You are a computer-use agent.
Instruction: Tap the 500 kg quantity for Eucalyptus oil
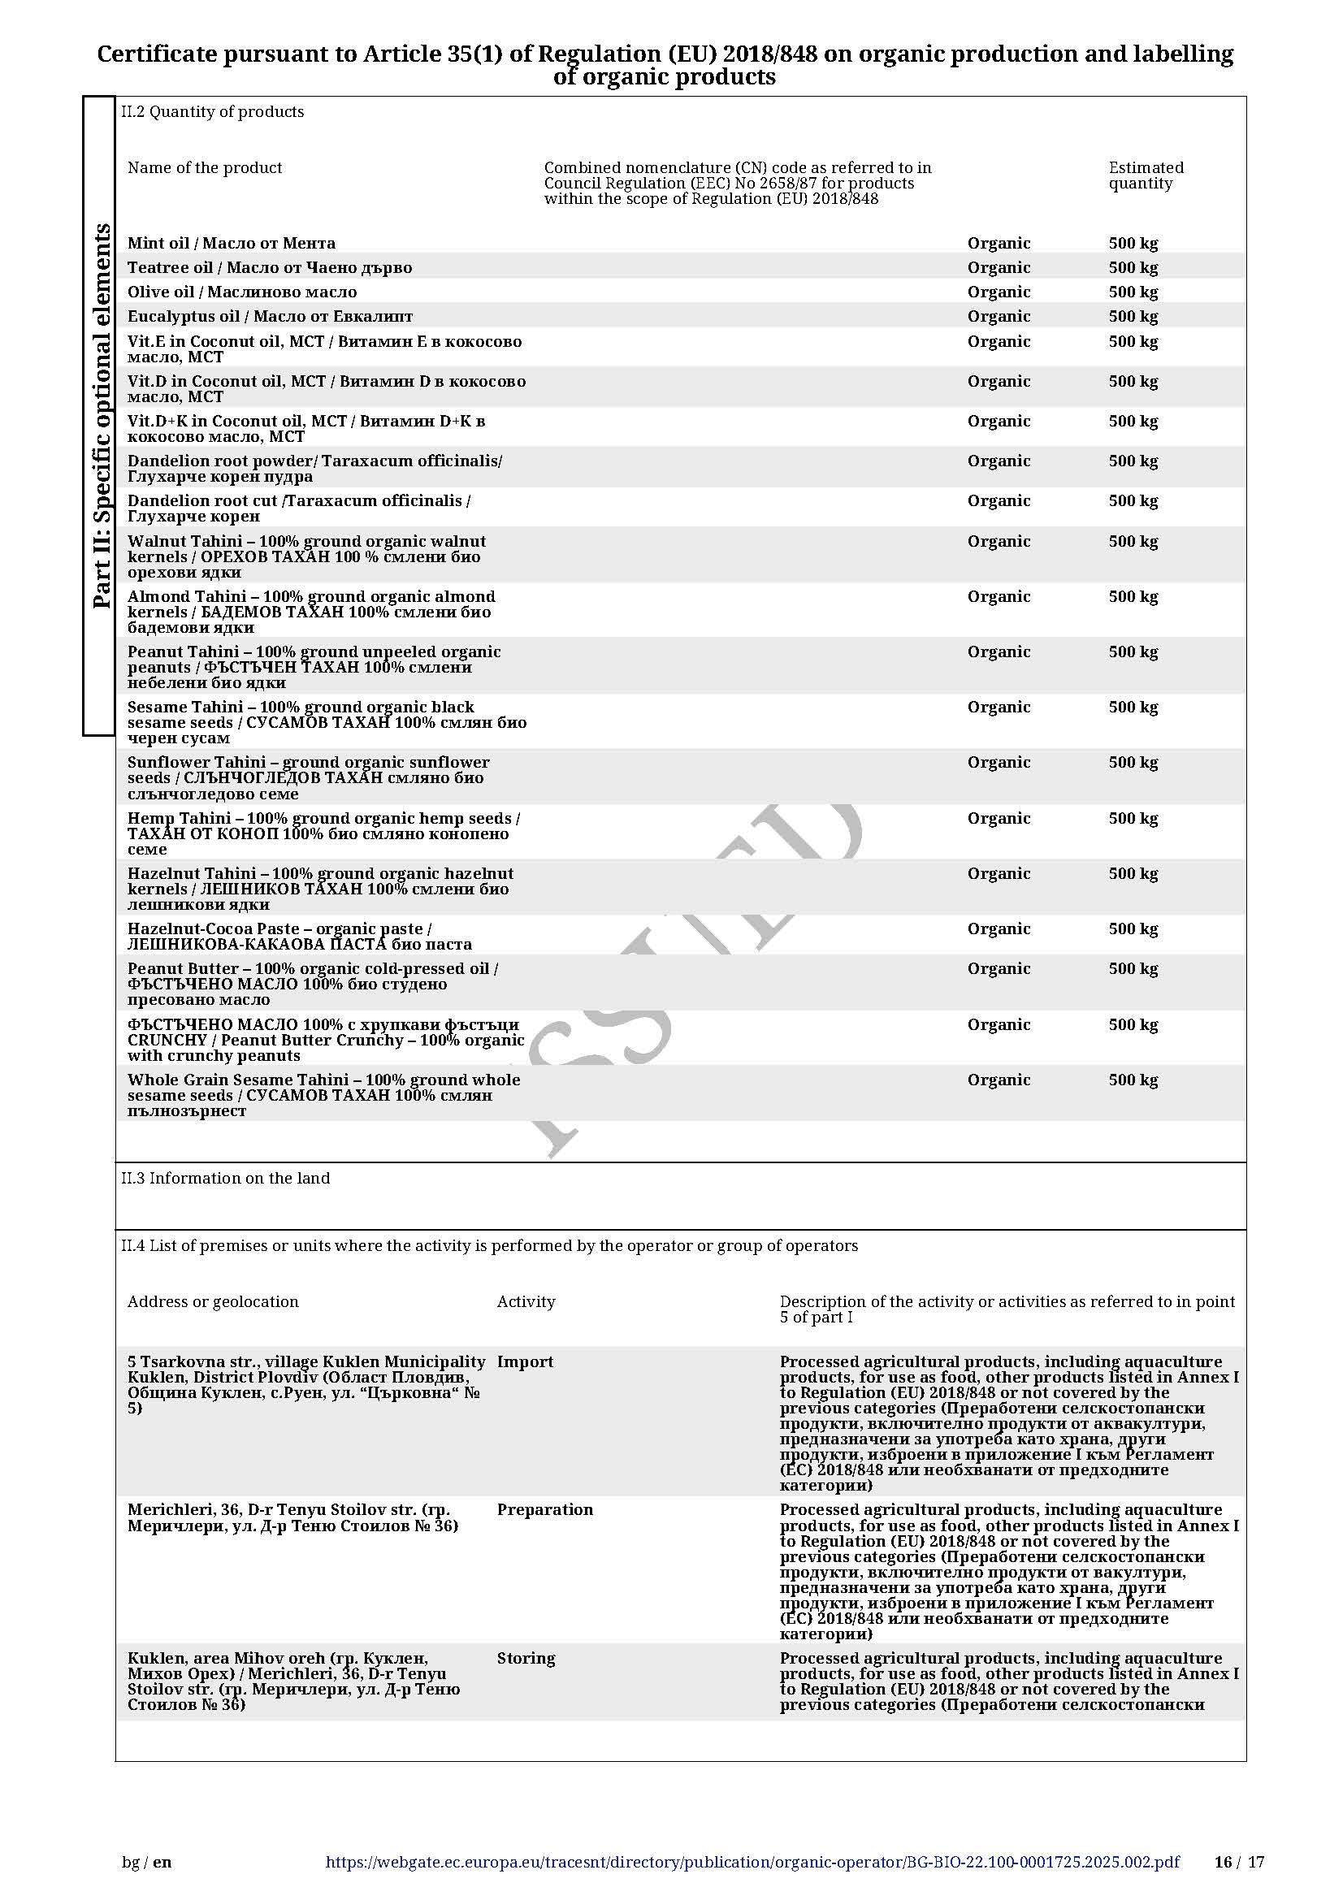pyautogui.click(x=1133, y=316)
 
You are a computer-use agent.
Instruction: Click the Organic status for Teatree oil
pyautogui.click(x=999, y=267)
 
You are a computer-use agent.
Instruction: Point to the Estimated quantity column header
pyautogui.click(x=1146, y=175)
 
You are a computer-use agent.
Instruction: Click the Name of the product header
pyautogui.click(x=205, y=168)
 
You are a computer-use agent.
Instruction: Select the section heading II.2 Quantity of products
pyautogui.click(x=213, y=112)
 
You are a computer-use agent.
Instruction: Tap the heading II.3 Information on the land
pyautogui.click(x=225, y=1179)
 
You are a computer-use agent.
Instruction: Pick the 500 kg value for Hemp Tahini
pyautogui.click(x=1133, y=819)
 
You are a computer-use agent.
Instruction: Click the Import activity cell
pyautogui.click(x=525, y=1362)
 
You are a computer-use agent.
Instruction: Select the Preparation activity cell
pyautogui.click(x=544, y=1509)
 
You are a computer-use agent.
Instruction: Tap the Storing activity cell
pyautogui.click(x=526, y=1659)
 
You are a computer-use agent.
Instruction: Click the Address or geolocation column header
pyautogui.click(x=213, y=1301)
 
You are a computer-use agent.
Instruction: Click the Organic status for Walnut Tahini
pyautogui.click(x=999, y=541)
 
